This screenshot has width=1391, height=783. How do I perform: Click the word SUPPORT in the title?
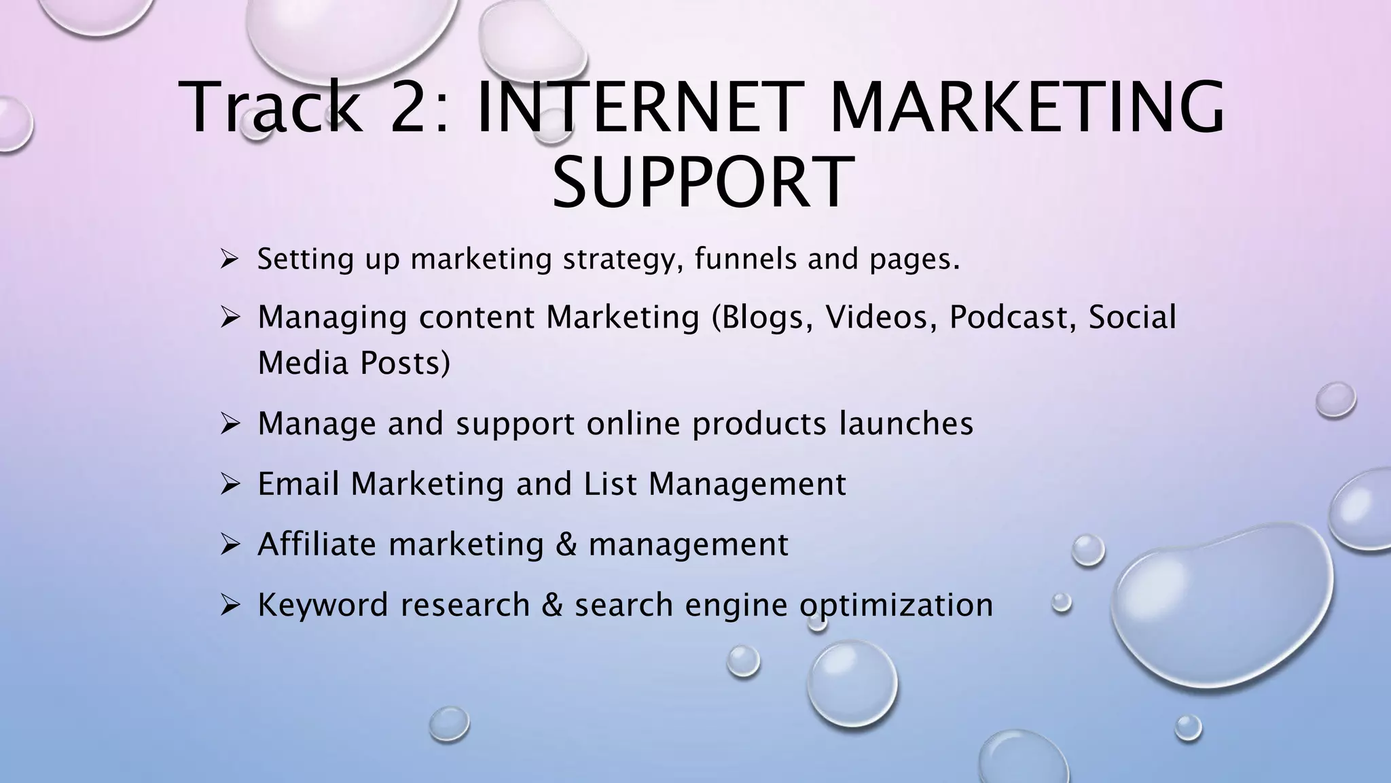tap(702, 182)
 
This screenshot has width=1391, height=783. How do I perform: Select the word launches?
tap(906, 423)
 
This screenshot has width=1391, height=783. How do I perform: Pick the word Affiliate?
tap(317, 544)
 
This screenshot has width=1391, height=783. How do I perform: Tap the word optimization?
tap(896, 605)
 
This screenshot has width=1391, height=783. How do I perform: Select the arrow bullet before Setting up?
tap(228, 259)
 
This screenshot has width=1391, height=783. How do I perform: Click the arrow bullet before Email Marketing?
tap(228, 484)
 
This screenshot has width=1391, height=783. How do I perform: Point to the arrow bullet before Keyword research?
tap(228, 605)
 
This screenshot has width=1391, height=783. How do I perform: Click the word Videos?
tap(876, 317)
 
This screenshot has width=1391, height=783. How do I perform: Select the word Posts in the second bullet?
tap(405, 363)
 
